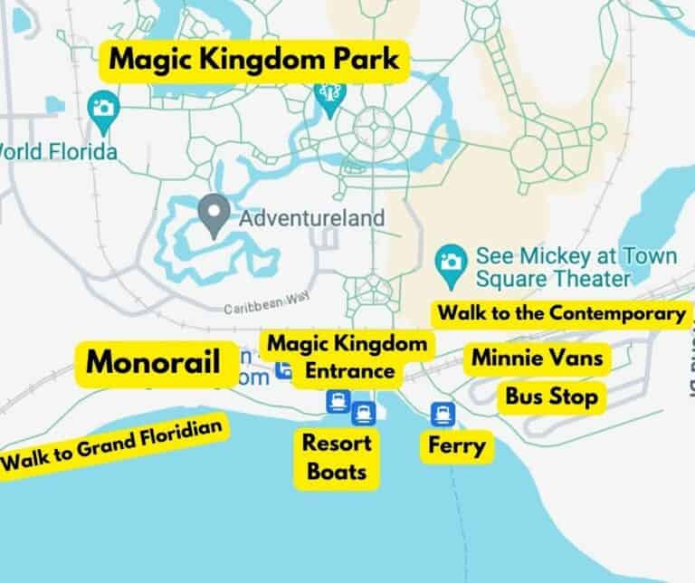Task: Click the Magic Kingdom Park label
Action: pyautogui.click(x=252, y=62)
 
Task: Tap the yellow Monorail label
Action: pyautogui.click(x=153, y=363)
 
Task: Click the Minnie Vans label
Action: pyautogui.click(x=537, y=358)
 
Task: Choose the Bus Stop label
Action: pyautogui.click(x=551, y=397)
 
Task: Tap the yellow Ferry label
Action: pyautogui.click(x=457, y=445)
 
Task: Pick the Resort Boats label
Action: pyautogui.click(x=337, y=457)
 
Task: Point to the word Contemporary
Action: pyautogui.click(x=624, y=314)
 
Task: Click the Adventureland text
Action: pyautogui.click(x=312, y=218)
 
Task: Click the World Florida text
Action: pyautogui.click(x=59, y=151)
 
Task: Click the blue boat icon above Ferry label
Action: pyautogui.click(x=443, y=413)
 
